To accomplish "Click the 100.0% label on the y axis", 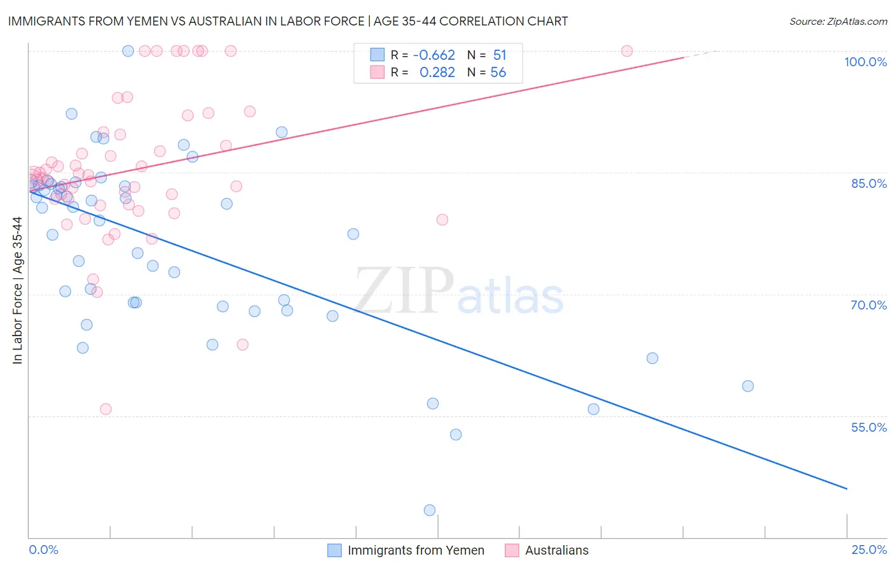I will [x=865, y=62].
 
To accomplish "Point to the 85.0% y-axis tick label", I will [x=869, y=183].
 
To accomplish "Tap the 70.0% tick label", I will [x=868, y=305].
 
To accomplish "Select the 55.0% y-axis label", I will [x=869, y=427].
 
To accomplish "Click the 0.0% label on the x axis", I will [x=43, y=550].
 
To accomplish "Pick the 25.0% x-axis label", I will [x=869, y=550].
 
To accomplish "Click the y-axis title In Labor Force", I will [x=17, y=290].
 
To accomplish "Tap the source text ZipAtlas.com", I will [x=838, y=21].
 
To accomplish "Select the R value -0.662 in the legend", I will [x=433, y=55].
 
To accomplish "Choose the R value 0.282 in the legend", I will [x=437, y=73].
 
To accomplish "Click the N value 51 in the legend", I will [x=499, y=55].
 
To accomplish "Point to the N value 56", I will [x=498, y=73].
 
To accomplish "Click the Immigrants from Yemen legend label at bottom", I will [x=416, y=550].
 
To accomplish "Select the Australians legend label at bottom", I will [x=556, y=550].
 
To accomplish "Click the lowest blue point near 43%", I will [x=430, y=510].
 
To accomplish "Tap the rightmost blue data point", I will [x=748, y=386].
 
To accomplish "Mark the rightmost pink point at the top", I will [x=626, y=51].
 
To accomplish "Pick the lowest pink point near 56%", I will [x=106, y=409].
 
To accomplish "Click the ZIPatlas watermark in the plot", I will [x=458, y=292].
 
